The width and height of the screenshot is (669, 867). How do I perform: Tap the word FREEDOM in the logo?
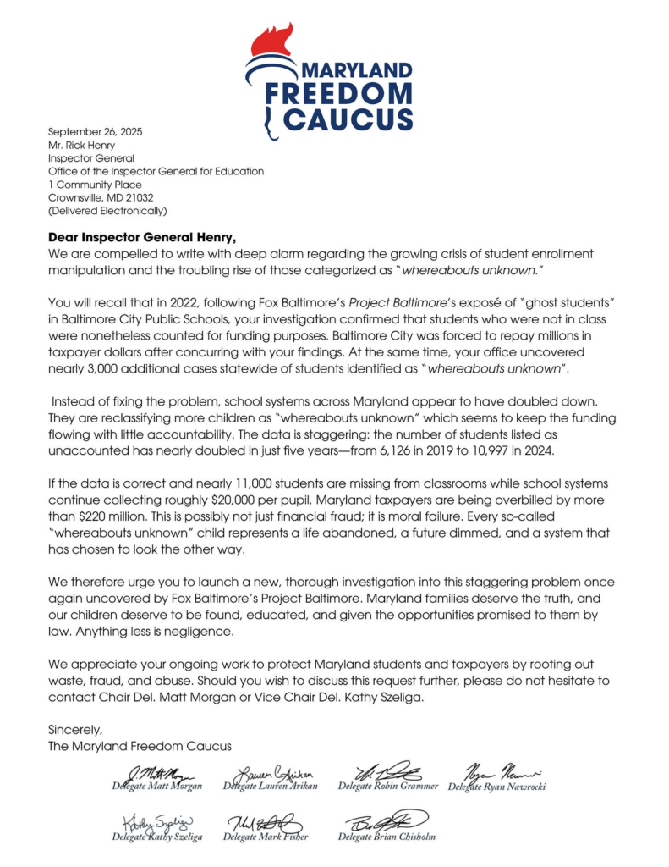coord(338,94)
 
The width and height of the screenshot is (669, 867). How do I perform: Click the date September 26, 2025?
coord(90,130)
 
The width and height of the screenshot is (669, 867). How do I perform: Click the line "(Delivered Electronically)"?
coord(107,211)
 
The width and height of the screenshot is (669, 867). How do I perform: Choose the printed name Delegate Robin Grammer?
coord(388,787)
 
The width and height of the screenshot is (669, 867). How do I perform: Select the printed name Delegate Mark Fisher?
coord(263,837)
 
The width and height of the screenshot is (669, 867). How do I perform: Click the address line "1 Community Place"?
coord(95,184)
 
